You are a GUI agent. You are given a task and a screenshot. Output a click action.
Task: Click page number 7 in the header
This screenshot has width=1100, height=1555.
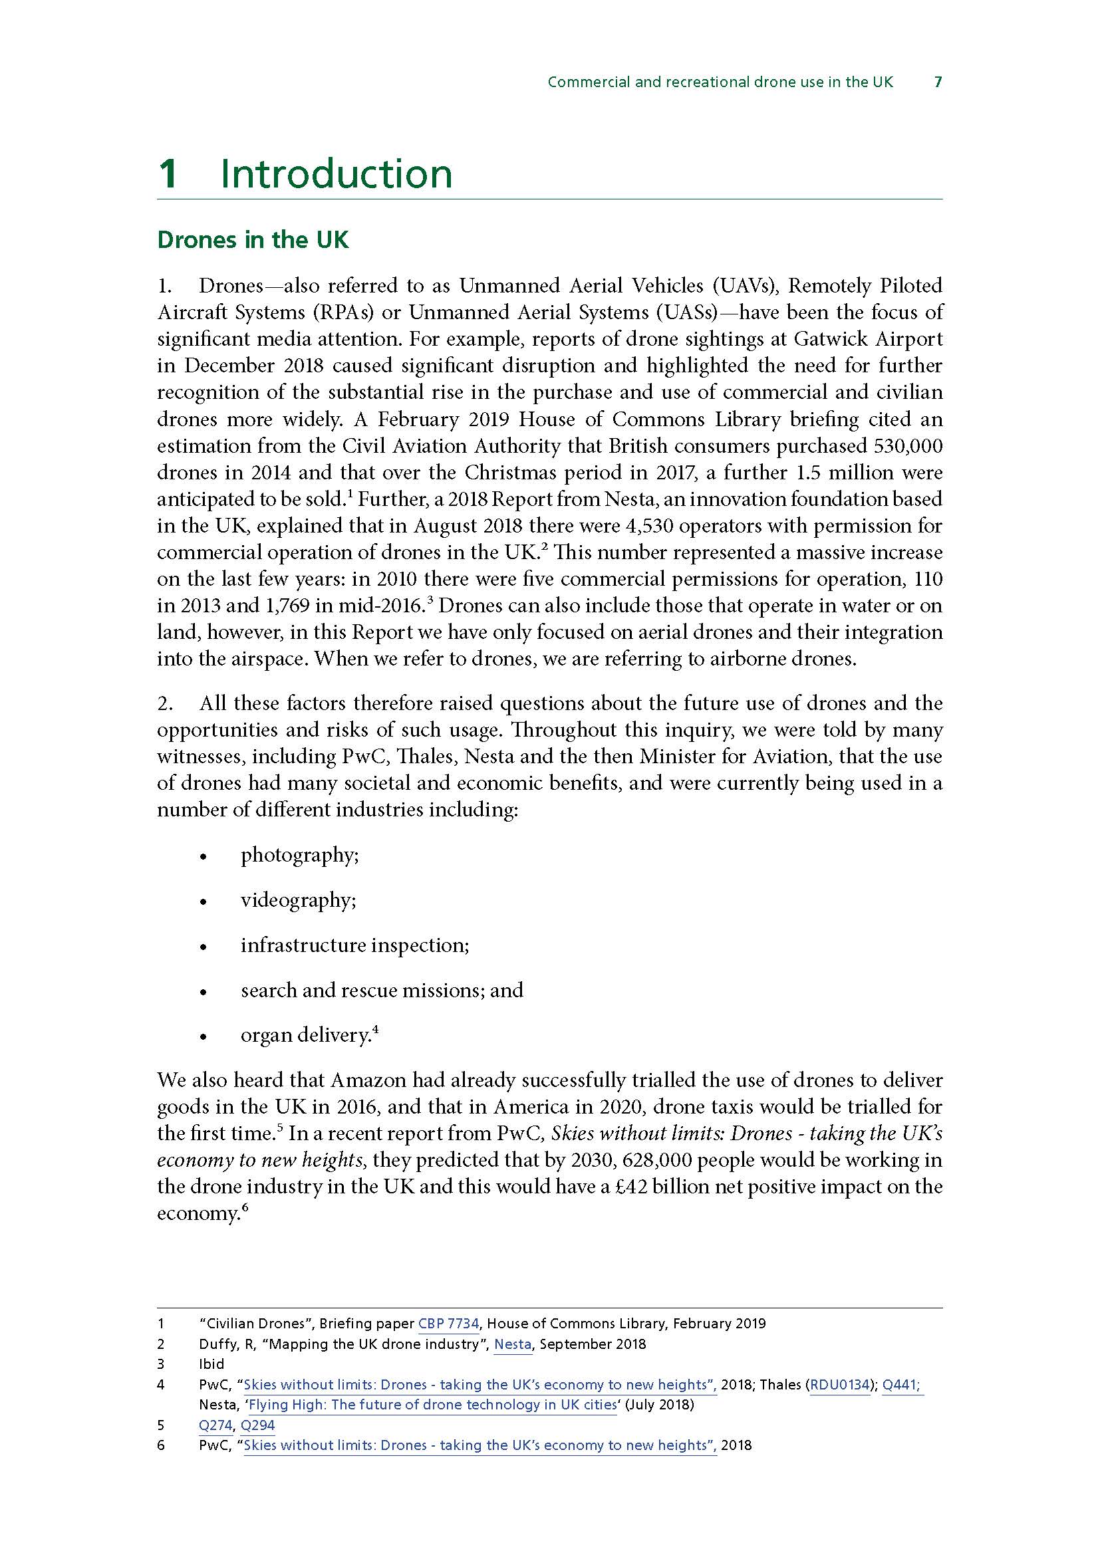click(938, 82)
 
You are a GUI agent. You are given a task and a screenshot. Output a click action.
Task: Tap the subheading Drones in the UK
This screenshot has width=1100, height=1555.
click(253, 240)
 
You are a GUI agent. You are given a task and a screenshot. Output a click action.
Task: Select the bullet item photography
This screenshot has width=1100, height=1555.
click(299, 856)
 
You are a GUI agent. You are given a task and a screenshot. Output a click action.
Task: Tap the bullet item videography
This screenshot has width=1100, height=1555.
click(298, 900)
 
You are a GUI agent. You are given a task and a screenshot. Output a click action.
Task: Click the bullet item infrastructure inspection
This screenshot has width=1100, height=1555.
click(354, 945)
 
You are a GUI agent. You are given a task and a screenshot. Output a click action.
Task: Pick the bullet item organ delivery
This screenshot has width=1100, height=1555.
click(305, 1036)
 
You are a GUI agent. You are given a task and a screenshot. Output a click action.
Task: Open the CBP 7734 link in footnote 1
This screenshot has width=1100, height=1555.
click(448, 1324)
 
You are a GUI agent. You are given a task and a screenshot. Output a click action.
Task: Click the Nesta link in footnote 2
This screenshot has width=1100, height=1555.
click(513, 1344)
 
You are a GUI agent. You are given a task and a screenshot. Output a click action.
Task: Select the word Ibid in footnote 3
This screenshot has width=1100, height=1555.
click(211, 1364)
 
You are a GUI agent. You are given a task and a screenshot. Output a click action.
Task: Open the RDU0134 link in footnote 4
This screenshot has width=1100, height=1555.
click(840, 1385)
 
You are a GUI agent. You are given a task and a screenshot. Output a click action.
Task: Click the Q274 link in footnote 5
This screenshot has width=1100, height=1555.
click(215, 1425)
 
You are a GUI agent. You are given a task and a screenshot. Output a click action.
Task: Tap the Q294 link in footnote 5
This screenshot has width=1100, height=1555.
click(258, 1425)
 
